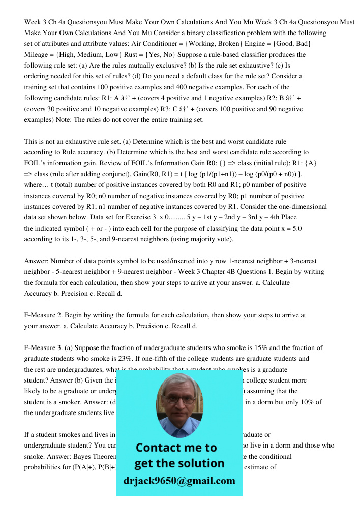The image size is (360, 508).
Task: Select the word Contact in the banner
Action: click(x=159, y=448)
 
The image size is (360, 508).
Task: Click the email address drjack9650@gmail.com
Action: click(x=179, y=480)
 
